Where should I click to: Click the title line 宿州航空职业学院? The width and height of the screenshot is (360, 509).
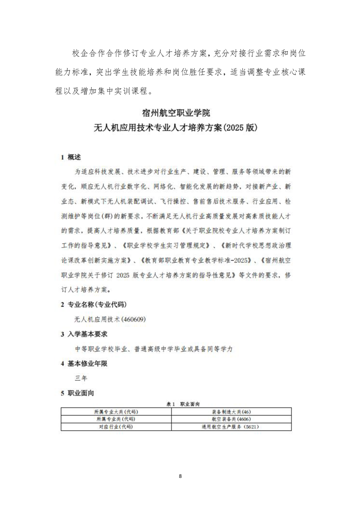[x=180, y=111]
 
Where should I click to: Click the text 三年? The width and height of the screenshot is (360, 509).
[x=80, y=378]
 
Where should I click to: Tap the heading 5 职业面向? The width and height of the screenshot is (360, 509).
[x=78, y=393]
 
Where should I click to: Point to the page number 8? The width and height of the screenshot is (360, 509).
[x=180, y=476]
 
